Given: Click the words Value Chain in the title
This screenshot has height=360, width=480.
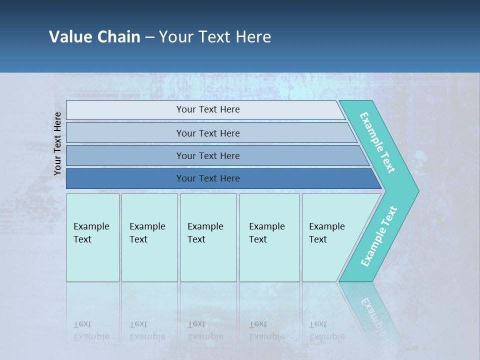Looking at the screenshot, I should coord(94,37).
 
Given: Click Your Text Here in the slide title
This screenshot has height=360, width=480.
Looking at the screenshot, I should coord(215,37).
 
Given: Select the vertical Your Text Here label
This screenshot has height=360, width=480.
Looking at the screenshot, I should coord(57,143).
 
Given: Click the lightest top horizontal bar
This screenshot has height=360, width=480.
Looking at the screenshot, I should coord(208,109).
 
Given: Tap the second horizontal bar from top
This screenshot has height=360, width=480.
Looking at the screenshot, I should coord(208,133).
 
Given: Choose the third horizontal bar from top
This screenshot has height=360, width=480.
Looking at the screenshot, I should coord(208,155).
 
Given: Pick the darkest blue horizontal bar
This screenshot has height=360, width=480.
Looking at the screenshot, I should coord(208,178).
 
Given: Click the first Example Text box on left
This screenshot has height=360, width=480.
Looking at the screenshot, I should coord(92,237).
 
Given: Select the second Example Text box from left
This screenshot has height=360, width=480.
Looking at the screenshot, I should coord(149,237).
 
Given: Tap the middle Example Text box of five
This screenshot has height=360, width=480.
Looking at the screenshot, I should coord(208,237).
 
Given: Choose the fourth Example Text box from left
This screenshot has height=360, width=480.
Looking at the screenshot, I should coord(269,237).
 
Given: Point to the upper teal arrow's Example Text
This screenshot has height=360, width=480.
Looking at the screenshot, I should coord(377,143).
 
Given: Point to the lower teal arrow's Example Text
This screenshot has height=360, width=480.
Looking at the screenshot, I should coord(378,236).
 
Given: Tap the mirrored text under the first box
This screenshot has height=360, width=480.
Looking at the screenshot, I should coord(91,330).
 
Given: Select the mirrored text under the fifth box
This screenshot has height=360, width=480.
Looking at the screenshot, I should coord(326,330).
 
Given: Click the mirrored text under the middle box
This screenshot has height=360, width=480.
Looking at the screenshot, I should coord(205,330).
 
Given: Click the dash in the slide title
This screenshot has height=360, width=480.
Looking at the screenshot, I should coord(149,37).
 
